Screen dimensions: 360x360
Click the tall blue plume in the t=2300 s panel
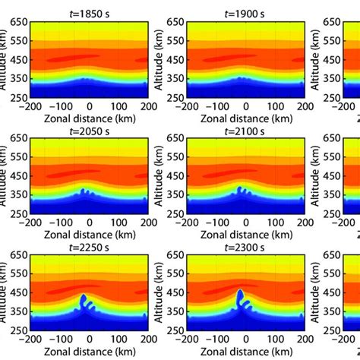(x=240, y=300)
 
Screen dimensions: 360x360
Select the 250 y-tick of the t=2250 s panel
(x=17, y=329)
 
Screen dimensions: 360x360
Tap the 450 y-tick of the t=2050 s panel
(x=17, y=174)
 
